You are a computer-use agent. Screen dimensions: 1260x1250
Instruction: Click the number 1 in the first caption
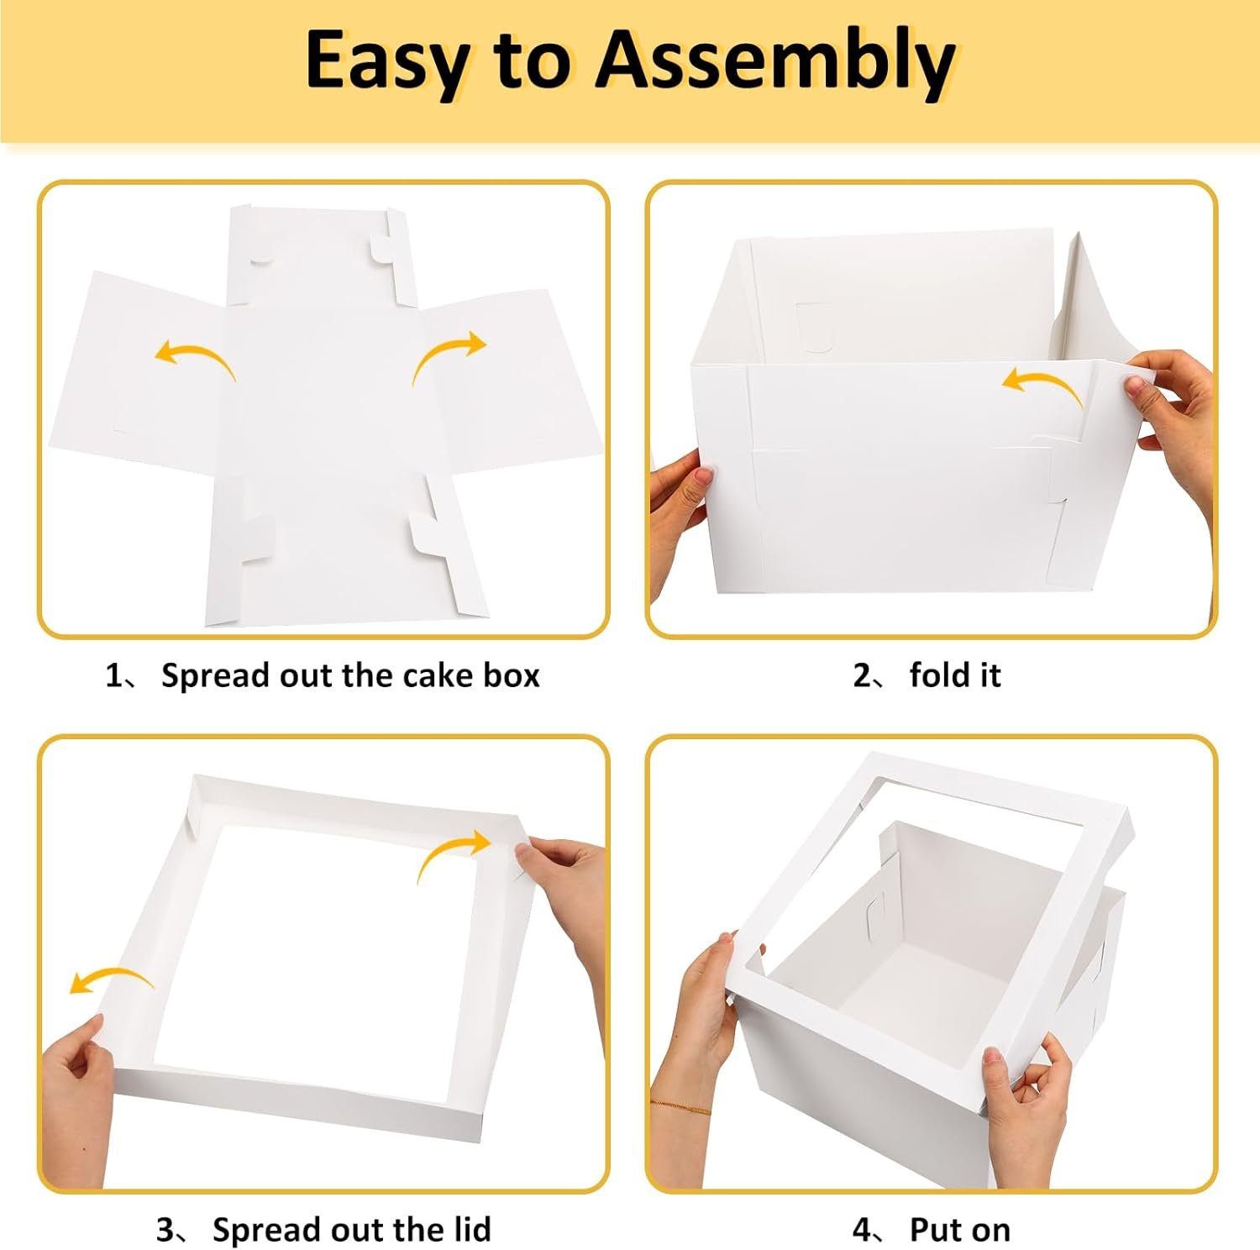pyautogui.click(x=113, y=676)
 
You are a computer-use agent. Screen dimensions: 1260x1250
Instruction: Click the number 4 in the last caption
pyautogui.click(x=862, y=1231)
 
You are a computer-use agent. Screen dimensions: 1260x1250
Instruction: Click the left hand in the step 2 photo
pyautogui.click(x=680, y=512)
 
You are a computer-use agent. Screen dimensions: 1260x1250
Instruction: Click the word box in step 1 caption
pyautogui.click(x=511, y=675)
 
